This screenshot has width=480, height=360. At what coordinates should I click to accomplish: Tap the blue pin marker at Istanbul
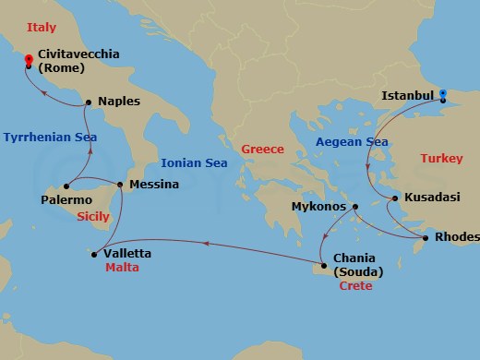443,94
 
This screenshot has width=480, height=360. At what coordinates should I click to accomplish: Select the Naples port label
119,102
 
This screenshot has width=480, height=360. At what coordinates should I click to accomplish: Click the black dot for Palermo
66,185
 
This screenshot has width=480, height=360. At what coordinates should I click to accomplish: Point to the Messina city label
154,185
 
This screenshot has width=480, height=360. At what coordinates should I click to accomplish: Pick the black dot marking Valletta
93,252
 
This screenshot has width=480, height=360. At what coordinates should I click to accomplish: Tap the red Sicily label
92,217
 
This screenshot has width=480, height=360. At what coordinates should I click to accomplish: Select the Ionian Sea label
194,162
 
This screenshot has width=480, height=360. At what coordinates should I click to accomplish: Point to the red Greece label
262,150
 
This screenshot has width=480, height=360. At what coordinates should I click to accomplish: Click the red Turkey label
441,159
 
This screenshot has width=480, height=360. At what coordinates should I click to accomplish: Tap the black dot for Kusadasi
394,198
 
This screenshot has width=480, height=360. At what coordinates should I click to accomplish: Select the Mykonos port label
318,207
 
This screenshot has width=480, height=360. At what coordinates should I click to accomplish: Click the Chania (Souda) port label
359,265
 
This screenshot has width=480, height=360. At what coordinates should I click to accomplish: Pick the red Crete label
356,286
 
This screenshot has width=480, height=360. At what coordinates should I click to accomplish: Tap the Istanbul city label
408,95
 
